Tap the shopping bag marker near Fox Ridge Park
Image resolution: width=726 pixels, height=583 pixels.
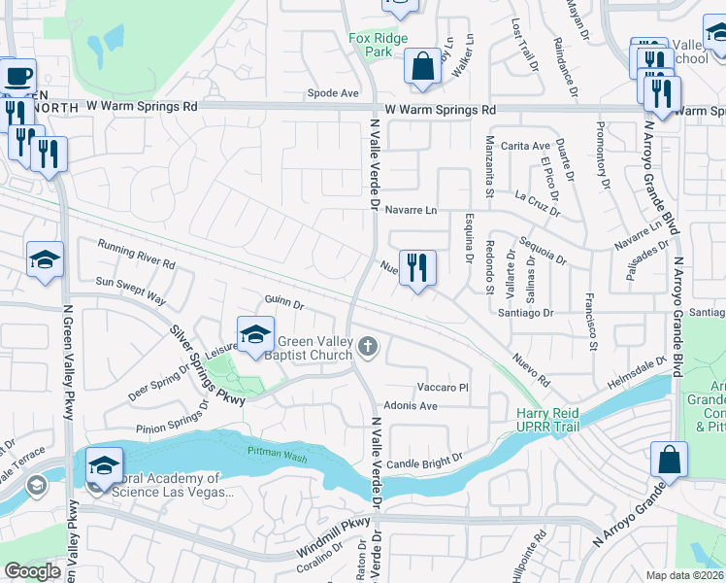pyautogui.click(x=422, y=67)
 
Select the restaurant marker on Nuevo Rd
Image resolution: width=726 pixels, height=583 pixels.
pyautogui.click(x=417, y=267)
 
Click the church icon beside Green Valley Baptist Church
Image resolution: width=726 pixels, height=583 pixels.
pyautogui.click(x=367, y=345)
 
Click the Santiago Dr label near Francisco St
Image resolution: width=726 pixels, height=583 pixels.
pyautogui.click(x=524, y=313)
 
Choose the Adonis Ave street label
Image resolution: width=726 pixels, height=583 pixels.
pyautogui.click(x=412, y=405)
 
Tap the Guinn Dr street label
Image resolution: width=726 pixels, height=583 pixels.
pyautogui.click(x=284, y=305)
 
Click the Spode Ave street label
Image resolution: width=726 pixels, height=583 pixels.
pyautogui.click(x=333, y=94)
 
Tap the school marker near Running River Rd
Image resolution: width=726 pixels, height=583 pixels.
pyautogui.click(x=45, y=260)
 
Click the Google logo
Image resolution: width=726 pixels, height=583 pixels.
pyautogui.click(x=32, y=571)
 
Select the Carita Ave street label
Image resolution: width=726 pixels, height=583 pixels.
pyautogui.click(x=526, y=146)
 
